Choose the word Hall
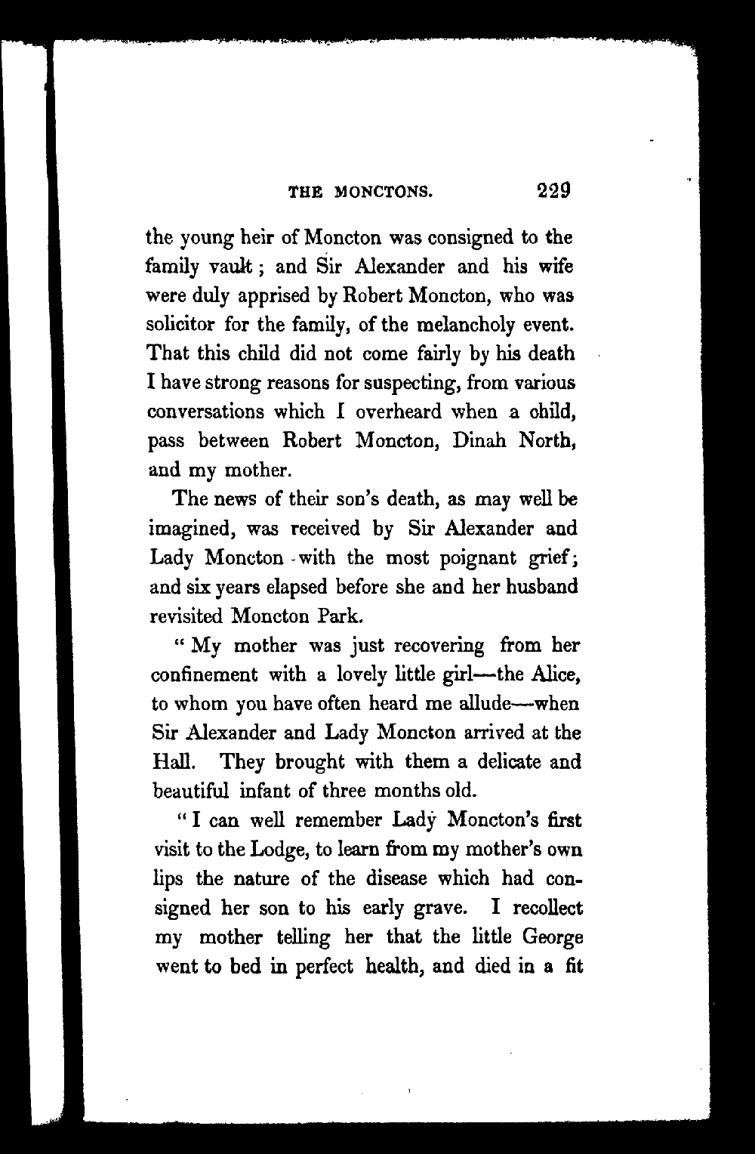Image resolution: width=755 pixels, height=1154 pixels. pyautogui.click(x=165, y=761)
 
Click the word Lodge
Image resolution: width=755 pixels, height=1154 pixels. pyautogui.click(x=276, y=850)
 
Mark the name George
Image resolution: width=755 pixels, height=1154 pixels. pyautogui.click(x=552, y=937)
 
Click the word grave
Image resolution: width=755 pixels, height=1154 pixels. pyautogui.click(x=434, y=909)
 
